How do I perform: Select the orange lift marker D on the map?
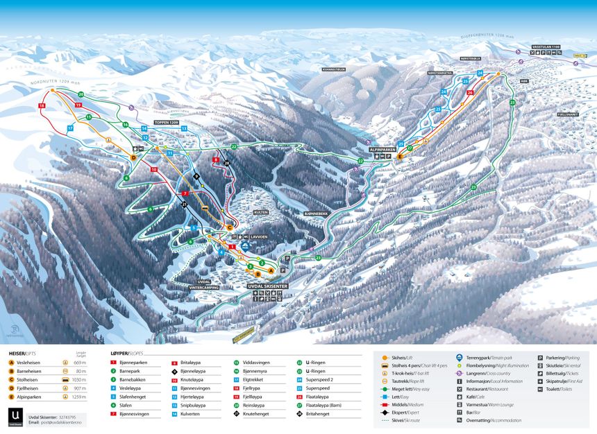point(133,157)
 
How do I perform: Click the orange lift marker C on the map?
point(230,227)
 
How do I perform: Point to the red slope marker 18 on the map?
point(42,105)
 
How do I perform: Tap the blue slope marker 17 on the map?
point(70,128)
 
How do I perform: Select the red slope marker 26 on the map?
point(470,92)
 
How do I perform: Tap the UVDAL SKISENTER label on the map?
point(267,286)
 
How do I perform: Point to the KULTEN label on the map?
point(260,212)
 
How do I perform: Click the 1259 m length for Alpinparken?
point(79,397)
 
